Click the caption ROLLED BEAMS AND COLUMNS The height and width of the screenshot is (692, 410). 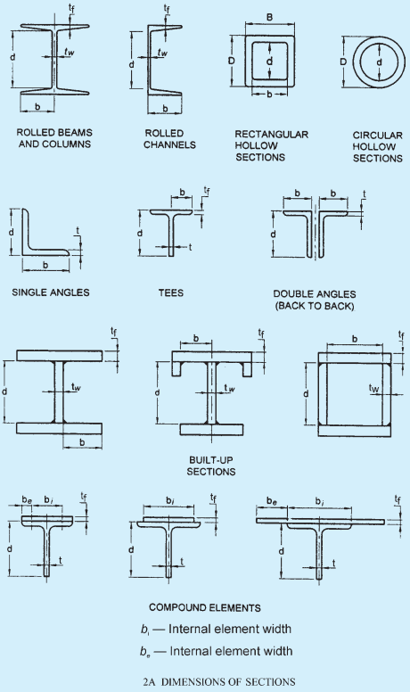(x=54, y=138)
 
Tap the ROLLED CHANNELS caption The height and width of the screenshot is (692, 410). (x=169, y=139)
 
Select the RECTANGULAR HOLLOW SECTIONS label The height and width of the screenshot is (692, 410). (x=271, y=145)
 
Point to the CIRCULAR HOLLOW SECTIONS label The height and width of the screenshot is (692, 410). (x=378, y=147)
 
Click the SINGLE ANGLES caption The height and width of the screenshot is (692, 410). (x=51, y=292)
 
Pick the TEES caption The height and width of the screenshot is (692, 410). (x=171, y=292)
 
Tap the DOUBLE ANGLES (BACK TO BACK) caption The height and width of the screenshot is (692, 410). (x=315, y=301)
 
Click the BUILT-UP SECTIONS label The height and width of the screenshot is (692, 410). (x=211, y=466)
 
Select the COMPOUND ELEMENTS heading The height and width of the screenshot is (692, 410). (x=205, y=607)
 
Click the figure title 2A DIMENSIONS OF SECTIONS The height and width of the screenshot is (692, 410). (x=219, y=682)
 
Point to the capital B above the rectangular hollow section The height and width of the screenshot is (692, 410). (x=270, y=17)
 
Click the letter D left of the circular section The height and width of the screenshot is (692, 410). (x=343, y=62)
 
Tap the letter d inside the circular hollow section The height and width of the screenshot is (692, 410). (x=379, y=62)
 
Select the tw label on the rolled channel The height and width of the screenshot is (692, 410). (x=163, y=53)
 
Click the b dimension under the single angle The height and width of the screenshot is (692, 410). (x=45, y=265)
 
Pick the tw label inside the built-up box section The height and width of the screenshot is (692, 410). (x=373, y=388)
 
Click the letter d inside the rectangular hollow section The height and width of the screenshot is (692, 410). (x=270, y=61)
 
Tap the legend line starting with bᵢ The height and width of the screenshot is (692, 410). (x=217, y=629)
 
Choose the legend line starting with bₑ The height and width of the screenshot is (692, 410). (x=217, y=651)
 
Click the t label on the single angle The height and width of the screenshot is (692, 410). (x=78, y=230)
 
